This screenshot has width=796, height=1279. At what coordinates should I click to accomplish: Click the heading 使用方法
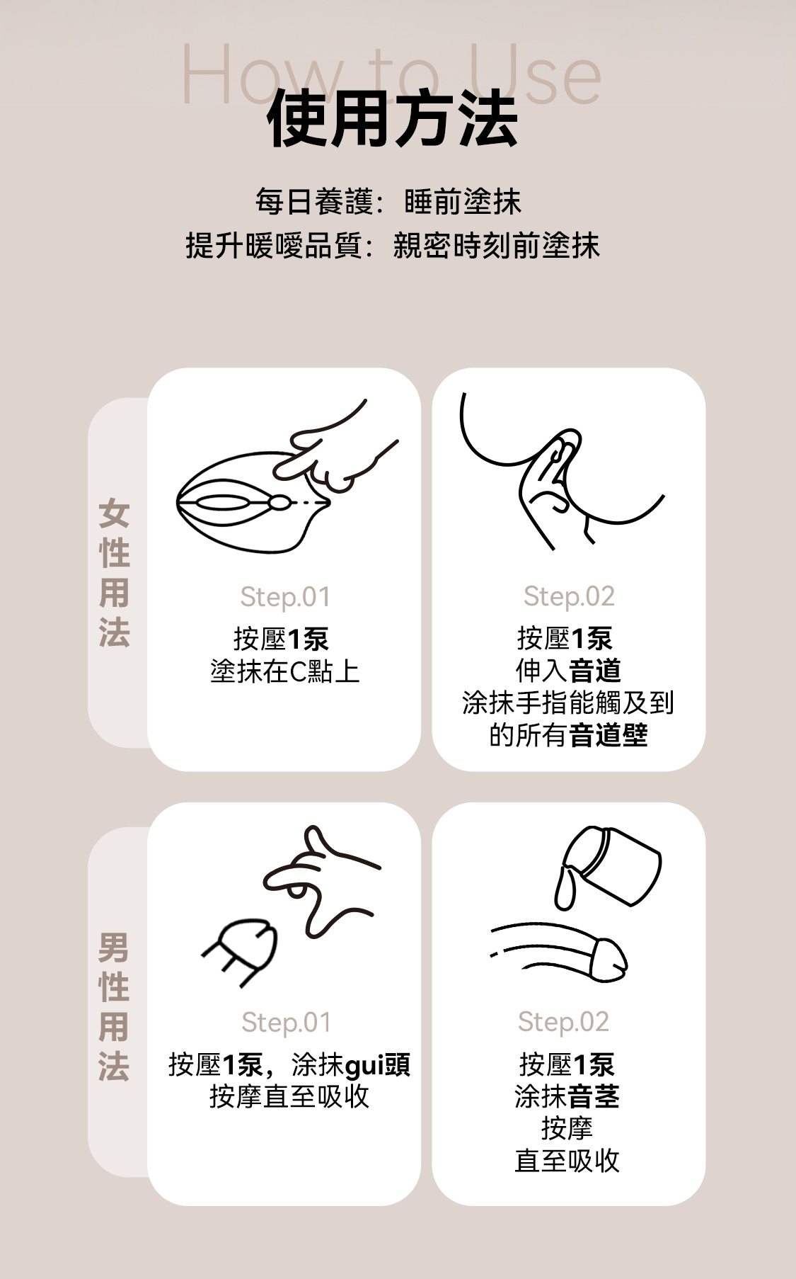pyautogui.click(x=392, y=119)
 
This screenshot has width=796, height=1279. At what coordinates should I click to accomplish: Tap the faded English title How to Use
pyautogui.click(x=391, y=74)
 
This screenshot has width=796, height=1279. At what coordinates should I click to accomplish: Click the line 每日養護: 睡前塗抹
pyautogui.click(x=388, y=202)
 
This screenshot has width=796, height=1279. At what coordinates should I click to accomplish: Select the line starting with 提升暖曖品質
pyautogui.click(x=393, y=246)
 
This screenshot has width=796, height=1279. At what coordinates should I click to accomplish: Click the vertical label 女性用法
pyautogui.click(x=114, y=574)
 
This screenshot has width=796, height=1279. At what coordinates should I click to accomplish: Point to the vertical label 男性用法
pyautogui.click(x=114, y=1006)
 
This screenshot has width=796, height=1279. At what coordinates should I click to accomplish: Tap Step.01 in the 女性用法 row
pyautogui.click(x=285, y=597)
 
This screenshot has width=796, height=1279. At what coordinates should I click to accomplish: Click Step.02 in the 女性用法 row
pyautogui.click(x=569, y=596)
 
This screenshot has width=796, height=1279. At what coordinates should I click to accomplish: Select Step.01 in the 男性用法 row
pyautogui.click(x=286, y=1022)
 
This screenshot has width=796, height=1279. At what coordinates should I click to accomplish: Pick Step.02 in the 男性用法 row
pyautogui.click(x=563, y=1021)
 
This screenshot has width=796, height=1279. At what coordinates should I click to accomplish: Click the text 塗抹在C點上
pyautogui.click(x=285, y=671)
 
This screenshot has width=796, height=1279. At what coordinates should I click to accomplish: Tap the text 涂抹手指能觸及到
pyautogui.click(x=568, y=703)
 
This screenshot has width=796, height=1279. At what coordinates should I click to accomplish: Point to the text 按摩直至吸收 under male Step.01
pyautogui.click(x=289, y=1096)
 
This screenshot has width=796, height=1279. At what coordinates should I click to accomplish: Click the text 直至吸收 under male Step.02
pyautogui.click(x=567, y=1161)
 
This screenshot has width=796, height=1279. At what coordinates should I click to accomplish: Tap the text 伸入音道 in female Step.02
pyautogui.click(x=568, y=670)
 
